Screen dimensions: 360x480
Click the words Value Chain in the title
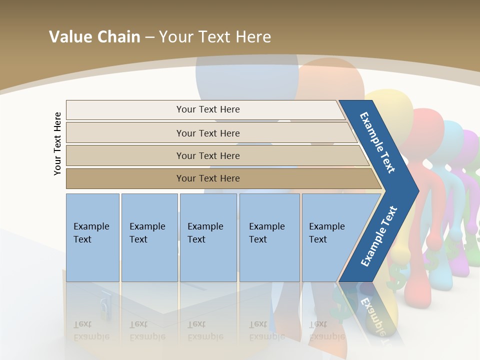point(94,36)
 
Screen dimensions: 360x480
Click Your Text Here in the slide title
point(215,36)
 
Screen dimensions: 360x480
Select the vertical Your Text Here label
point(57,143)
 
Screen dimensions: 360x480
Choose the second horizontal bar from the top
point(207,133)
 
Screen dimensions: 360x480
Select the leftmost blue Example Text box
point(92,237)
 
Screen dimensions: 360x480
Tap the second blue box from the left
point(149,237)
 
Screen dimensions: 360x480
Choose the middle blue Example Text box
point(208,237)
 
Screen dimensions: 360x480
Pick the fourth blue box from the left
point(269,237)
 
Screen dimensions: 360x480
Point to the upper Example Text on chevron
point(377,142)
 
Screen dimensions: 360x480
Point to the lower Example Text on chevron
point(379,236)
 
